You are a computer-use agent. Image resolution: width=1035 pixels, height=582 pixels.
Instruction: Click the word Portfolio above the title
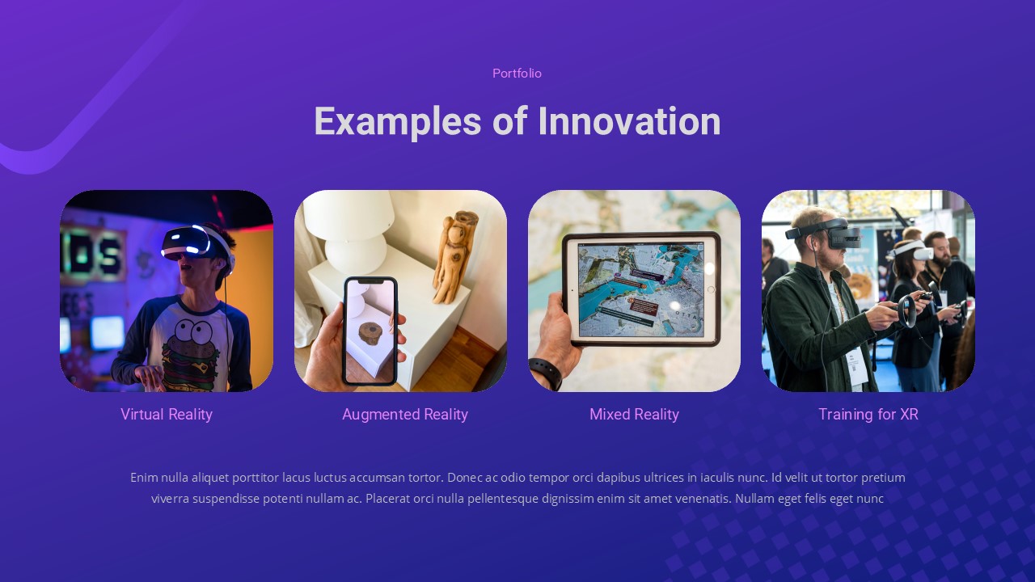517,74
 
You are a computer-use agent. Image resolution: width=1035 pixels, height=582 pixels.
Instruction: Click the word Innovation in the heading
629,121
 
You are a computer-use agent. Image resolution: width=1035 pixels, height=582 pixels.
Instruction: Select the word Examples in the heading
397,121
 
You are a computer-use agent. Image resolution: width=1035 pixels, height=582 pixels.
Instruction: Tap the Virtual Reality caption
167,415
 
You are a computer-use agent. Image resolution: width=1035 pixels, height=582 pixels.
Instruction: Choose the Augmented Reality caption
404,415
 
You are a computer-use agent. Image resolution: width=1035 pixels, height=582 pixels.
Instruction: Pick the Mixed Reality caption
634,415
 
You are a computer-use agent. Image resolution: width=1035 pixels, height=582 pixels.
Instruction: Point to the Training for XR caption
868,415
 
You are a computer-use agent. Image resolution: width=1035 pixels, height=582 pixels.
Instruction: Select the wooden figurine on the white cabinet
454,255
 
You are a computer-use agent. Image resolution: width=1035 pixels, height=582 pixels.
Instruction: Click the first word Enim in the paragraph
143,478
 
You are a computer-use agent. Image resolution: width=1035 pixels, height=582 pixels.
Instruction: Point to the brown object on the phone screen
371,333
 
